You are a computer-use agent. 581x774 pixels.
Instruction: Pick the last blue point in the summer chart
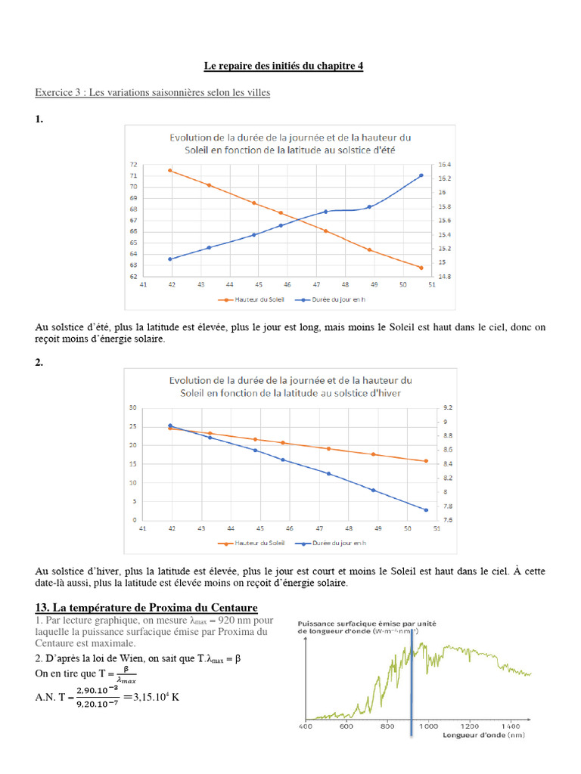421,175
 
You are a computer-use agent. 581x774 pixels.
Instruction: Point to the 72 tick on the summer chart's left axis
134,164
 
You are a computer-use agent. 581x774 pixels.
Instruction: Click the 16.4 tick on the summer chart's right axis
444,164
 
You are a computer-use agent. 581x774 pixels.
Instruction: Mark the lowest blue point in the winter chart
426,509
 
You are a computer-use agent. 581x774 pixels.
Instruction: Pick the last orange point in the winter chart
426,461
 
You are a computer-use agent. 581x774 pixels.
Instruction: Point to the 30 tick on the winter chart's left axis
133,407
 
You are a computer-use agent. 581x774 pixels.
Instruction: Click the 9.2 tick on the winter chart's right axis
446,407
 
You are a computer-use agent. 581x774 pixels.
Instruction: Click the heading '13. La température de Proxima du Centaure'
147,608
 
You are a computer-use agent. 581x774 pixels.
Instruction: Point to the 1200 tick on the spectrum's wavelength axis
470,726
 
